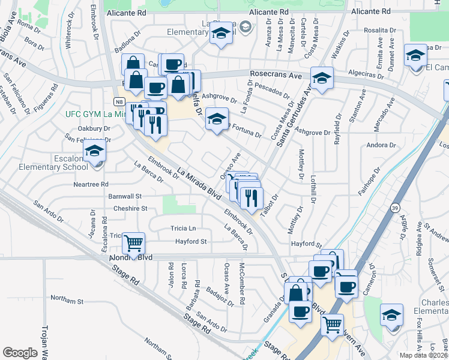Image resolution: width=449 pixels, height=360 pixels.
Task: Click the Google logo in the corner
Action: [x=20, y=353]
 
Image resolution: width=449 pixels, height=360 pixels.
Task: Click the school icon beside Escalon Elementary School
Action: [x=94, y=153]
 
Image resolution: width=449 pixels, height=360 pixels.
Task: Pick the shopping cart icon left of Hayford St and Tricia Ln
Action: [x=133, y=242]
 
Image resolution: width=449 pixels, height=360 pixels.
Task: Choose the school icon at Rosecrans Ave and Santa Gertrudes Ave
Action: [x=322, y=77]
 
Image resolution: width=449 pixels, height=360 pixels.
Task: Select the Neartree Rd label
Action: [x=92, y=184]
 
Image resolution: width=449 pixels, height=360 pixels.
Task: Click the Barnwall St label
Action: [x=124, y=196]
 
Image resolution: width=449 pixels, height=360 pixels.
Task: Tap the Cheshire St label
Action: [x=130, y=208]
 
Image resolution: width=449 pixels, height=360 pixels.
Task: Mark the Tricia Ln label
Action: [x=183, y=229]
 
